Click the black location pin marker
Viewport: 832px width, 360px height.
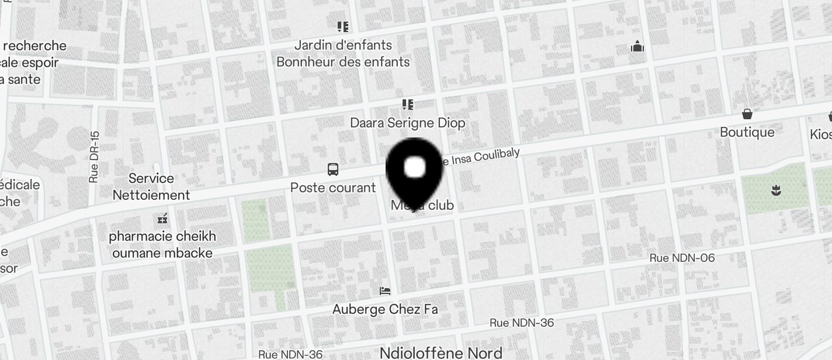point(414,170)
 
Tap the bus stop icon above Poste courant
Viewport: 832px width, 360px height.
point(332,170)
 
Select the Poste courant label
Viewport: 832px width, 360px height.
point(333,188)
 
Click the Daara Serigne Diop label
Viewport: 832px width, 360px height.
point(407,123)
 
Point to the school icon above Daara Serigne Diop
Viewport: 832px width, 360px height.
point(407,105)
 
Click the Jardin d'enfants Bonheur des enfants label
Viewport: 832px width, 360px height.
point(343,53)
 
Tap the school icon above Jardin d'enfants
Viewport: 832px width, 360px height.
point(342,26)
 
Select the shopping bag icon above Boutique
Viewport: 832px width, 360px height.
point(747,114)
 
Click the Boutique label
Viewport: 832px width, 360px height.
point(747,132)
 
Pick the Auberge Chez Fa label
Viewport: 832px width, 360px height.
point(385,309)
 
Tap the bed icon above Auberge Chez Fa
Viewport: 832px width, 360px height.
point(384,290)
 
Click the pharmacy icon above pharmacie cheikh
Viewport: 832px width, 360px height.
point(162,219)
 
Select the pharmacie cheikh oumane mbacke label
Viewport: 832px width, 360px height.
point(162,245)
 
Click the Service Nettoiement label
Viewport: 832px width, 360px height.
point(151,186)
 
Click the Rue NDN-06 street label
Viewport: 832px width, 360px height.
point(682,258)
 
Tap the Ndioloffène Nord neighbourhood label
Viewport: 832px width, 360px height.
point(441,353)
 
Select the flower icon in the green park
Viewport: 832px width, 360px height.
point(776,190)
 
